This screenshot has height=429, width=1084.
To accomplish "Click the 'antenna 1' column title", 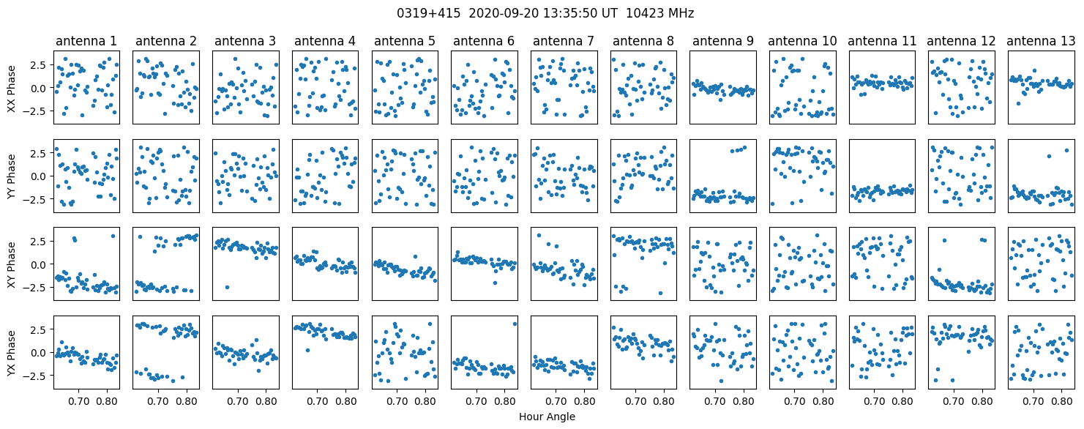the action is point(86,41).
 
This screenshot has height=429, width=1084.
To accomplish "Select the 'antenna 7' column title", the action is point(564,41).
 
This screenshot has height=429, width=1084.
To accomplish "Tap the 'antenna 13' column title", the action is point(1041,41).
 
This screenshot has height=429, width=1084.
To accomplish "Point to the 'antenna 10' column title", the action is point(802,41).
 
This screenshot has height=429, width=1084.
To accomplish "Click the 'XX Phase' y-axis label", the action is point(12,89).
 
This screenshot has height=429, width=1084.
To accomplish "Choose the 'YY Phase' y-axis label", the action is point(12,176).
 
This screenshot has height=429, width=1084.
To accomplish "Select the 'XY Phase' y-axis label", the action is point(12,265).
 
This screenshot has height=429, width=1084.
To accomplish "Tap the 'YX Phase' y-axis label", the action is point(12,353).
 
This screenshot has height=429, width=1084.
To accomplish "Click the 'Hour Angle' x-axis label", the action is point(547,417).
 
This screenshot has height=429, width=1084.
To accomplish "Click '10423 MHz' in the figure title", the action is point(660,13).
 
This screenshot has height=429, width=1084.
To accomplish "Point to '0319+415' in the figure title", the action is point(429,13).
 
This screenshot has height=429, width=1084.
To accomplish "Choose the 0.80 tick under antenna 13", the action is point(1061,401).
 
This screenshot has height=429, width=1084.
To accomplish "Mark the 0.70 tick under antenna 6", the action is point(476,401).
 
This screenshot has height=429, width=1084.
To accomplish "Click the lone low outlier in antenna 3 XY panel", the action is point(227,288).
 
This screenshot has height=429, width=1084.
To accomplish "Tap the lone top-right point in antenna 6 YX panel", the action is point(515,324).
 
